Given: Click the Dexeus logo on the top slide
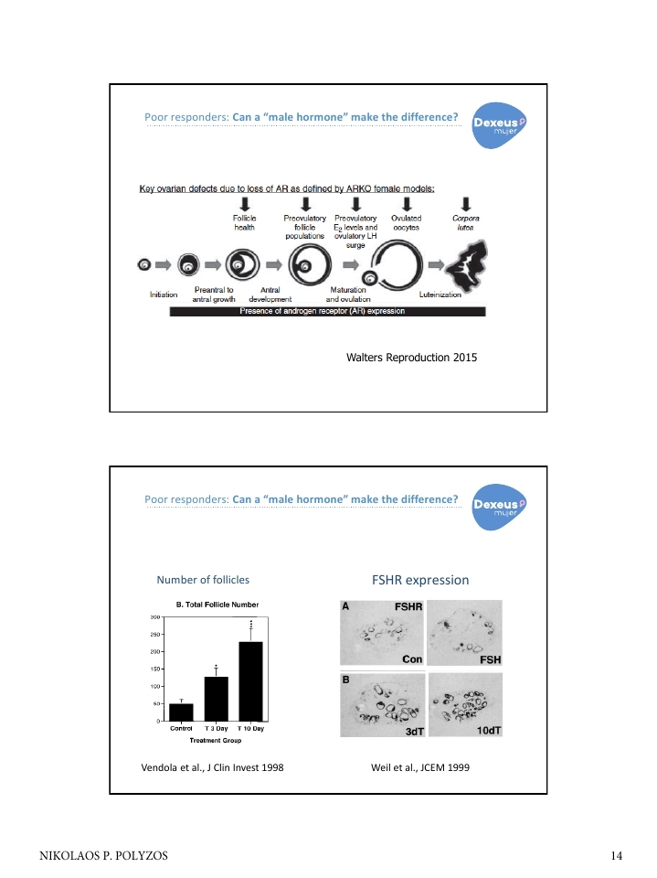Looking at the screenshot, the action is click(x=499, y=125).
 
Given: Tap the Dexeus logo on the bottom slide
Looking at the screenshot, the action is click(x=499, y=508).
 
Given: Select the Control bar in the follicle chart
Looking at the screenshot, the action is click(x=181, y=712).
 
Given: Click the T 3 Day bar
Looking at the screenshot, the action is click(x=216, y=699).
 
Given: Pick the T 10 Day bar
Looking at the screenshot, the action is click(x=250, y=681).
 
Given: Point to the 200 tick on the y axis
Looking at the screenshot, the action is click(x=155, y=652).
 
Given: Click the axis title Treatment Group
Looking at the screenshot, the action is click(x=216, y=740).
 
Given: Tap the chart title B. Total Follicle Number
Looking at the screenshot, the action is click(x=217, y=605).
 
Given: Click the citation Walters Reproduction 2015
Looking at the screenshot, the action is click(x=412, y=358).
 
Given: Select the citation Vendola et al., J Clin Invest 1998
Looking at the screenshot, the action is click(x=212, y=767).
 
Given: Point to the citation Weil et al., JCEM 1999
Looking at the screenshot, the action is click(x=420, y=767).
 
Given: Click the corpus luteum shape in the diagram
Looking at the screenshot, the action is click(x=467, y=265).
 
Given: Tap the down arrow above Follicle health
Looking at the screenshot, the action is click(x=245, y=204).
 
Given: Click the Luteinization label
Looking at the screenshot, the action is click(x=440, y=294).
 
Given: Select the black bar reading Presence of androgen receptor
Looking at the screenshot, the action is click(x=327, y=311).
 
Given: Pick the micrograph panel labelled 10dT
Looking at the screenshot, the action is click(x=464, y=705).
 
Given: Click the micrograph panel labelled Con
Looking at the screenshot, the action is click(x=382, y=633).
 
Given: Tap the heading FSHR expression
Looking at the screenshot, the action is click(x=420, y=580).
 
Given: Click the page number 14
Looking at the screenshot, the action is click(x=616, y=856).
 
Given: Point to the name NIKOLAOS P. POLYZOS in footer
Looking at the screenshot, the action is click(x=103, y=856).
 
